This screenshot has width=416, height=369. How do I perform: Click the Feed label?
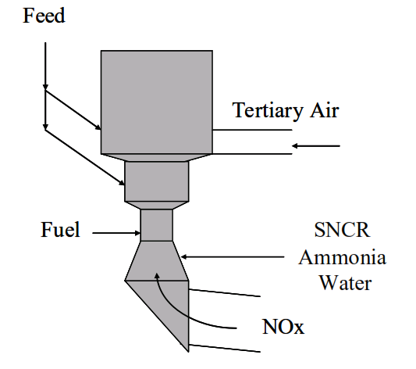pyautogui.click(x=44, y=16)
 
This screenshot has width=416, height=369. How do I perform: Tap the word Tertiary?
pyautogui.click(x=268, y=111)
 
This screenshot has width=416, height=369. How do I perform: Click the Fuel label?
pyautogui.click(x=60, y=230)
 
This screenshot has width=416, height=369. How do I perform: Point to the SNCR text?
pyautogui.click(x=343, y=230)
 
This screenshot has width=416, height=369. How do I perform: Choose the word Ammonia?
pyautogui.click(x=343, y=257)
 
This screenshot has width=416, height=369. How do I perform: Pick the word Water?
pyautogui.click(x=345, y=283)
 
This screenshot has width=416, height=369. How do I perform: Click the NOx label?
pyautogui.click(x=283, y=327)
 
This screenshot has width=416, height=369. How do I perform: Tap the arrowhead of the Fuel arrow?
pyautogui.click(x=137, y=233)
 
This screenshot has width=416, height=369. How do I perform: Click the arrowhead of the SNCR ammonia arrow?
pyautogui.click(x=183, y=257)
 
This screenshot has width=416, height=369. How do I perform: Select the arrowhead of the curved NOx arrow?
pyautogui.click(x=157, y=276)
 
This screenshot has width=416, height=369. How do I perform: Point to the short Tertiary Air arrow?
pyautogui.click(x=316, y=146)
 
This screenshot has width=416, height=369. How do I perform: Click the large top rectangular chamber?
pyautogui.click(x=157, y=102)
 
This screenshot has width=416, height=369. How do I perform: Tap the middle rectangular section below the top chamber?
pyautogui.click(x=157, y=181)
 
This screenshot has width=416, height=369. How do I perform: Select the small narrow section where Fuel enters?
pyautogui.click(x=157, y=225)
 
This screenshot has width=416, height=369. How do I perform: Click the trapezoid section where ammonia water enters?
pyautogui.click(x=157, y=261)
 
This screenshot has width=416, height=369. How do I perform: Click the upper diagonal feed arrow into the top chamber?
pyautogui.click(x=73, y=110)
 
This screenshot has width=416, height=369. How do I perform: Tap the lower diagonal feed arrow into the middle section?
pyautogui.click(x=85, y=157)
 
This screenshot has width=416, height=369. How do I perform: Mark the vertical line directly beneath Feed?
pyautogui.click(x=45, y=86)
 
